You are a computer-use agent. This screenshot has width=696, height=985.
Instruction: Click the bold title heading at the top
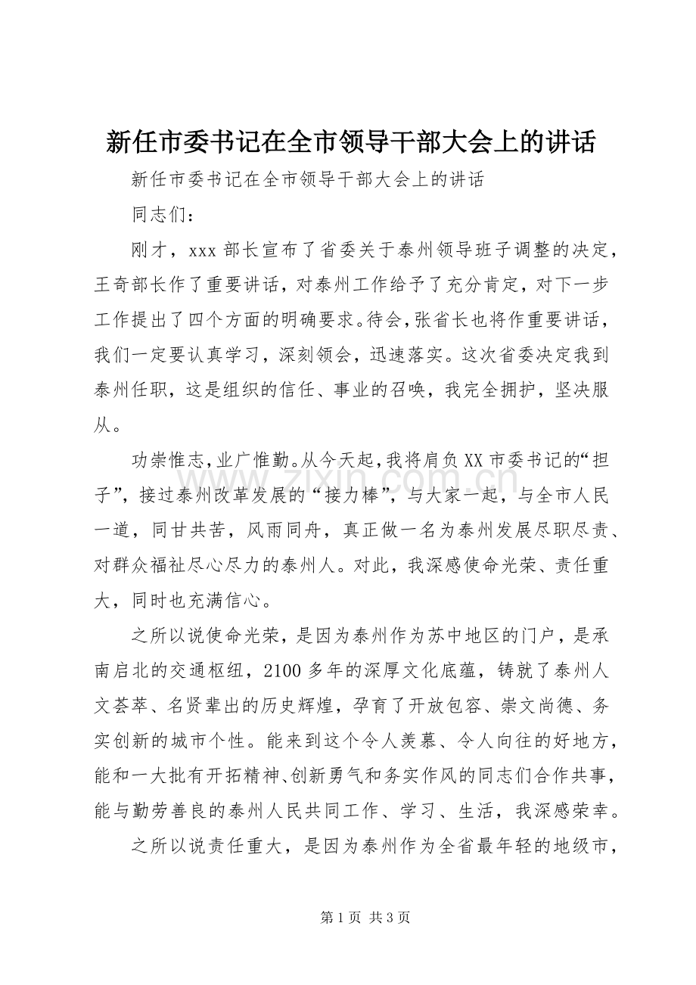(348, 141)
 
